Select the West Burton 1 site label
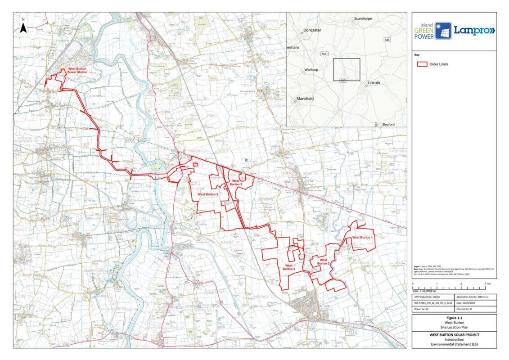coord(362,237)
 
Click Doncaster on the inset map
coord(312,30)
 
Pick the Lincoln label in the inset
coord(374,83)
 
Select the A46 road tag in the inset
coord(387,40)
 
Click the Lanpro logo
coord(473,31)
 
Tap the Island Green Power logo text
coord(424,31)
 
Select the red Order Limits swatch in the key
coord(422,64)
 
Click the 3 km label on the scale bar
coord(487,284)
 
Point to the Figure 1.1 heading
coord(454,318)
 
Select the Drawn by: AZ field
coord(423,309)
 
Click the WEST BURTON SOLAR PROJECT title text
coord(454,335)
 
